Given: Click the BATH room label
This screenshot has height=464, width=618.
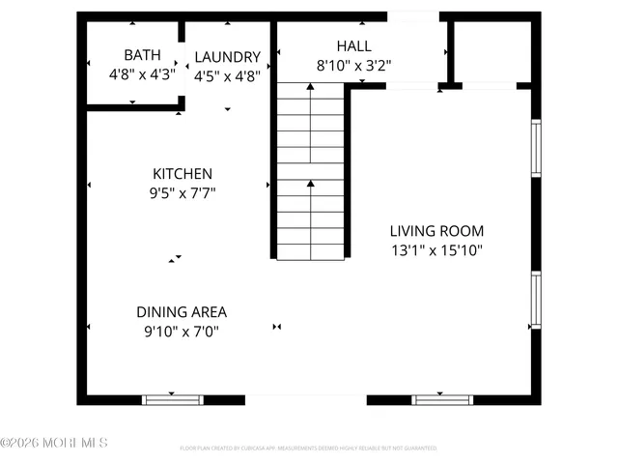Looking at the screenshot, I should click(142, 55).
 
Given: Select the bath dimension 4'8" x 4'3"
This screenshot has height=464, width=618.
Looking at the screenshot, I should click(142, 73).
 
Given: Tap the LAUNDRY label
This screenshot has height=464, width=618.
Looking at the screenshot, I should click(228, 57).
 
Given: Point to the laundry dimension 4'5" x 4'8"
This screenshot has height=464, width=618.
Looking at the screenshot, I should click(228, 75).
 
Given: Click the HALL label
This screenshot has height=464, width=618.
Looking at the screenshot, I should click(353, 46).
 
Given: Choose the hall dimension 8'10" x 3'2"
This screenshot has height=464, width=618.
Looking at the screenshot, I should click(353, 65).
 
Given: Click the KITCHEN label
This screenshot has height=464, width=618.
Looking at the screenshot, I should click(183, 174).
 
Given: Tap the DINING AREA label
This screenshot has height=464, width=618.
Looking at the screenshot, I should click(182, 312).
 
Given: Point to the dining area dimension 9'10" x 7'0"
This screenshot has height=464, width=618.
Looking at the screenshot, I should click(182, 331).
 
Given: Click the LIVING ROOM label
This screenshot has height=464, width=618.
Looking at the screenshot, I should click(436, 231).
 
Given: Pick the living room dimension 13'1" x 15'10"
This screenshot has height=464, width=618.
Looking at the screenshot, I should click(436, 249).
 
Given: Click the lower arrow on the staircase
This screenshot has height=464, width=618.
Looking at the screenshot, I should click(310, 184).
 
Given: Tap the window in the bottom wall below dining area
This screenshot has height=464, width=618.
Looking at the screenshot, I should click(172, 399).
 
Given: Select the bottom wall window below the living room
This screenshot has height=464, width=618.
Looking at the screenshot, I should click(441, 399).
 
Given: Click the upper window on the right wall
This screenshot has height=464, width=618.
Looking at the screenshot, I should click(536, 148).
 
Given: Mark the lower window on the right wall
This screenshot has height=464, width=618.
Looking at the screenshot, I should click(536, 301).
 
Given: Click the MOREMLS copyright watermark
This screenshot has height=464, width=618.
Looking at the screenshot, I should click(54, 444).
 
